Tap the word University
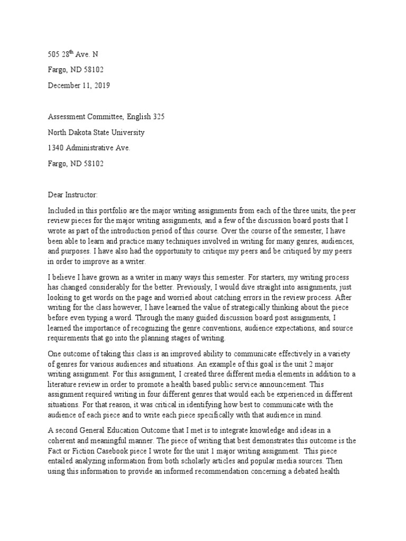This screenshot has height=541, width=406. coord(125,133)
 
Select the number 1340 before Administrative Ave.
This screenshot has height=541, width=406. coord(50,148)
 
